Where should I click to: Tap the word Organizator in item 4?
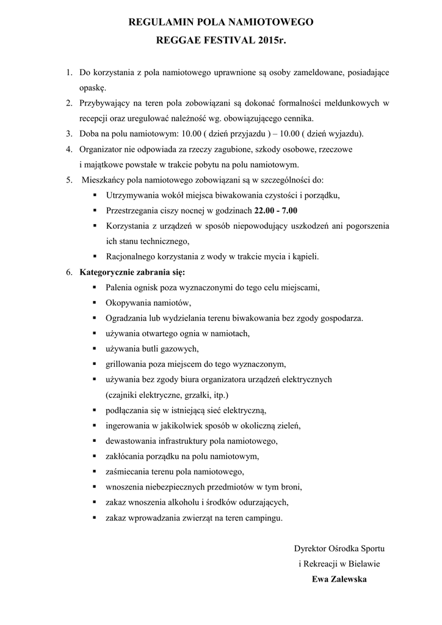[101, 149]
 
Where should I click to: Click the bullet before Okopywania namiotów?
[95, 303]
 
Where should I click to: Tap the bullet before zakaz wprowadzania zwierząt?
[95, 518]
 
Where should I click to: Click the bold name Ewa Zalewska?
[339, 579]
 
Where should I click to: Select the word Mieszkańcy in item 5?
[104, 180]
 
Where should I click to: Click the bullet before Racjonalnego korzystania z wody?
[95, 256]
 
